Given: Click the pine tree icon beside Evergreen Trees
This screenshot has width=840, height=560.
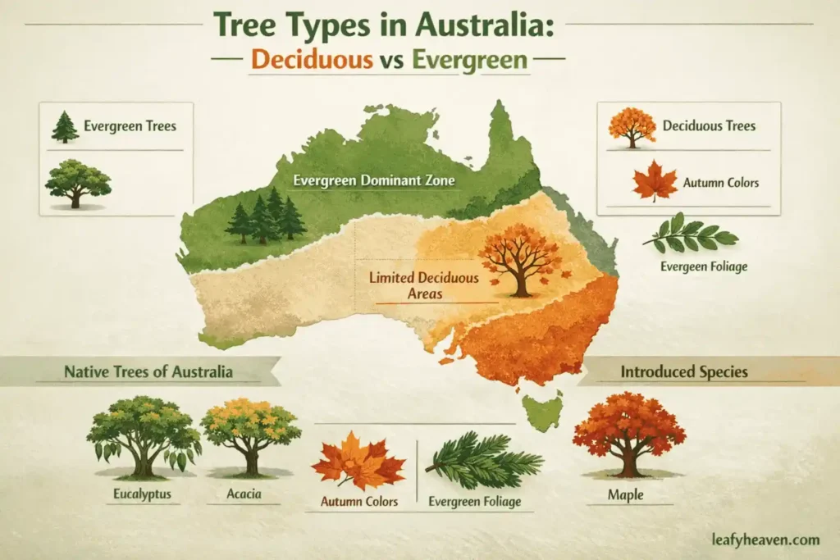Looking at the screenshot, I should pyautogui.click(x=65, y=127).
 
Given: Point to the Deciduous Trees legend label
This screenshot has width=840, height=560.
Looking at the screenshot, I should pyautogui.click(x=709, y=126).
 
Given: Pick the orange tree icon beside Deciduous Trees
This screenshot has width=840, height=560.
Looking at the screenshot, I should pyautogui.click(x=632, y=127).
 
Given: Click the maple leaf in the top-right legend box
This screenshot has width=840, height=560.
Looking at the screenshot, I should pyautogui.click(x=655, y=181).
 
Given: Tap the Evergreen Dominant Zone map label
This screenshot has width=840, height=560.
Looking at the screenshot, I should pyautogui.click(x=364, y=181).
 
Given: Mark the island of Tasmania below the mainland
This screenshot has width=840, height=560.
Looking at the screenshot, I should pyautogui.click(x=542, y=410).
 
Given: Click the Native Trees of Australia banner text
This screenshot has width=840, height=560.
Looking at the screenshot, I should pyautogui.click(x=148, y=371).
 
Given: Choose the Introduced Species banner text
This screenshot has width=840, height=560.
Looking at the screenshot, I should pyautogui.click(x=684, y=371).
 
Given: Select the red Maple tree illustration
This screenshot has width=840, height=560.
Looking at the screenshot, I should pyautogui.click(x=628, y=433).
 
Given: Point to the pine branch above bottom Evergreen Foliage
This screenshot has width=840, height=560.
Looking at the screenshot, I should pyautogui.click(x=483, y=461).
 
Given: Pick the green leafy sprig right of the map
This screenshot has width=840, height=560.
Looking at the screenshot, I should pyautogui.click(x=691, y=234).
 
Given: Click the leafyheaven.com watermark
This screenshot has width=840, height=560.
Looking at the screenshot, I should pyautogui.click(x=766, y=539).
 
